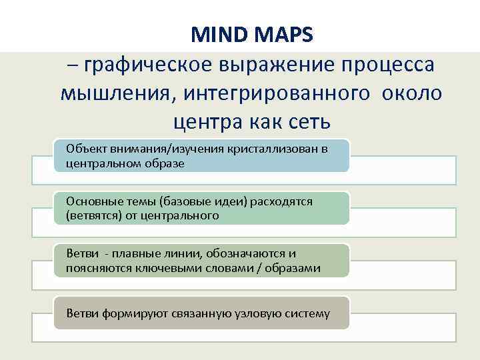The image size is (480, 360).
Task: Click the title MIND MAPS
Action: tap(251, 35)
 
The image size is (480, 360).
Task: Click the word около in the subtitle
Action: tap(411, 93)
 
